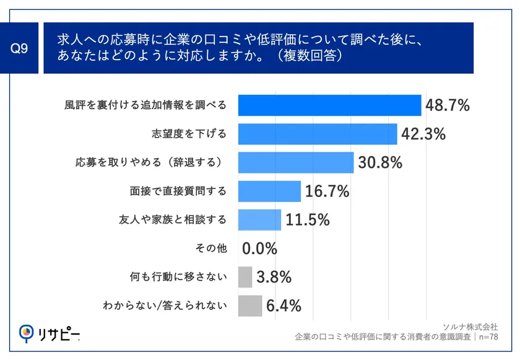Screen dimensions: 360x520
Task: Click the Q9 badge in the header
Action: point(21,48)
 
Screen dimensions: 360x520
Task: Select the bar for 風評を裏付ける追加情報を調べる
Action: point(329,105)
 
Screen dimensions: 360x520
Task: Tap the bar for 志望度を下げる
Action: point(317,134)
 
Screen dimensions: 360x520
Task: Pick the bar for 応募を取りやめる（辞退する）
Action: point(295,162)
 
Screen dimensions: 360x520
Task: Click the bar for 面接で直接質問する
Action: point(269,191)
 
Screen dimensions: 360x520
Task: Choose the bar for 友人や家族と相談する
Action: point(259,220)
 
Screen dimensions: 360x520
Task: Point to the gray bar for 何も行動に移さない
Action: point(245,277)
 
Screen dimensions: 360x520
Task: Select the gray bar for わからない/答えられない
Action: point(249,305)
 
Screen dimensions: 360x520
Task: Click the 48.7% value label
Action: point(448,105)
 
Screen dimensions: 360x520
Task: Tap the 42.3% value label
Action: point(423,134)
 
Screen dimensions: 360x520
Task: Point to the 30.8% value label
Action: point(380,162)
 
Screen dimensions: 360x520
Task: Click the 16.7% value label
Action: point(327,191)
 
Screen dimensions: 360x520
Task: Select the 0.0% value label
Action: point(259,248)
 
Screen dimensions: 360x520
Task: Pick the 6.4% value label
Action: point(284,305)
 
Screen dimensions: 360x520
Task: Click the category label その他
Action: point(211,248)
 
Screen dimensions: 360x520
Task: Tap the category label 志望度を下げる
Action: point(189,134)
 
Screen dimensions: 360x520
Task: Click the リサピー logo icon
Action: point(26,333)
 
